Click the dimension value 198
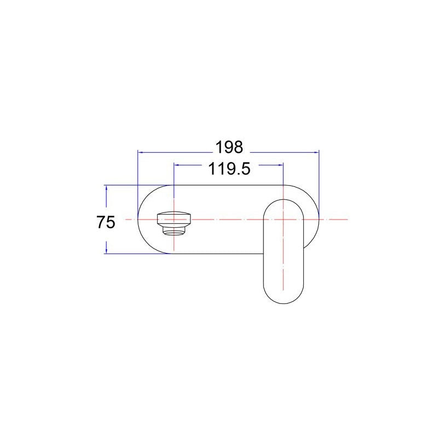(228, 147)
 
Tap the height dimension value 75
(106, 222)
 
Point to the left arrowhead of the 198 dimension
(140, 152)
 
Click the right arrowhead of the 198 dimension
(316, 152)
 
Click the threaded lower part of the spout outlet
(175, 229)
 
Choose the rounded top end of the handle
(283, 201)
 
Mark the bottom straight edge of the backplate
(219, 253)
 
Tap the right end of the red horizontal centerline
(347, 219)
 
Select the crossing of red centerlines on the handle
(283, 219)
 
